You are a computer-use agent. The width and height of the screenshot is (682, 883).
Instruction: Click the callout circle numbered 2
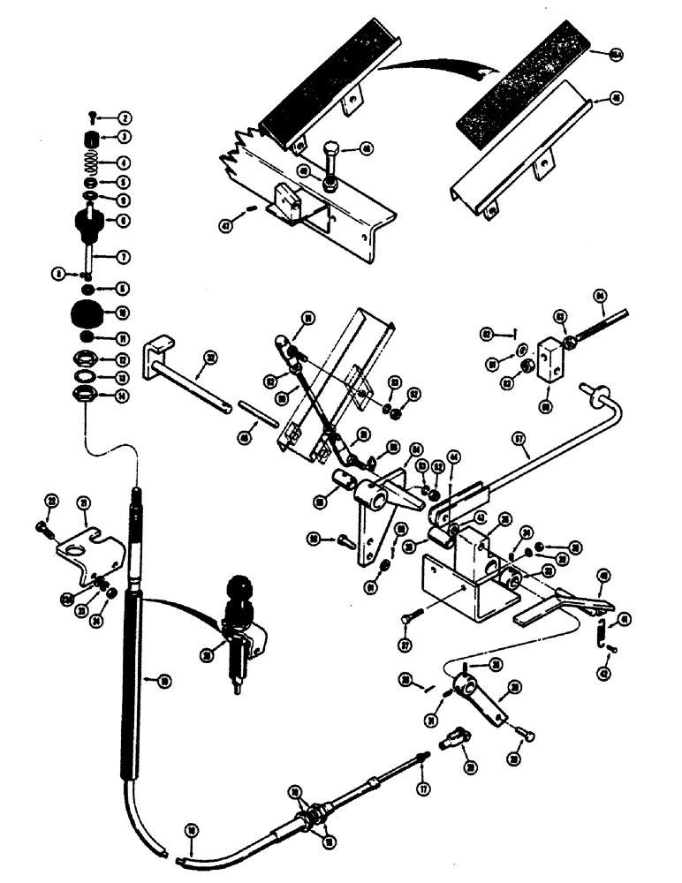click(125, 117)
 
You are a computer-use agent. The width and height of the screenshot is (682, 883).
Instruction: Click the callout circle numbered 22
click(51, 502)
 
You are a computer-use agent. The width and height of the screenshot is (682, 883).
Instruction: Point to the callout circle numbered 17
click(423, 789)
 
